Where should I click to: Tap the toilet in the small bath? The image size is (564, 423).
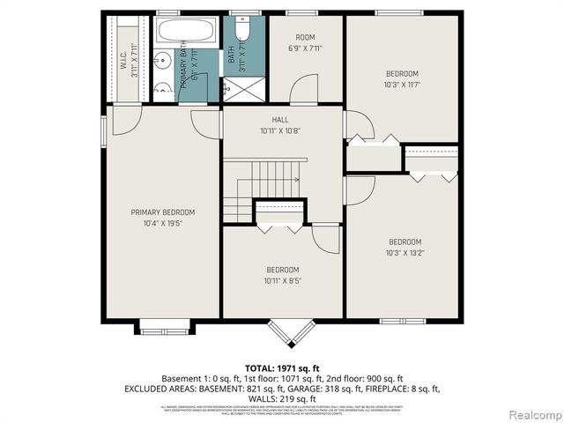point(244,31)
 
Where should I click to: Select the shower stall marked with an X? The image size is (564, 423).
point(237,89)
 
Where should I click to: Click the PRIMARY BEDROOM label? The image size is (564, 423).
point(163,212)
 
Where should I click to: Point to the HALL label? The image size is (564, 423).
point(280,120)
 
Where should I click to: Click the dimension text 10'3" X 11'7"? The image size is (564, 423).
point(402,85)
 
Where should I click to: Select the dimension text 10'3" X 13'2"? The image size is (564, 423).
point(405,253)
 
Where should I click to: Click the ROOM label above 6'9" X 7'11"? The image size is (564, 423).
point(305,37)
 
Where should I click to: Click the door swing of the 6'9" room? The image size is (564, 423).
point(304,88)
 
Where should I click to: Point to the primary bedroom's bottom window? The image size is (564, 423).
point(164,330)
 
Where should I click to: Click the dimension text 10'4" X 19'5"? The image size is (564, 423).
point(163,224)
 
